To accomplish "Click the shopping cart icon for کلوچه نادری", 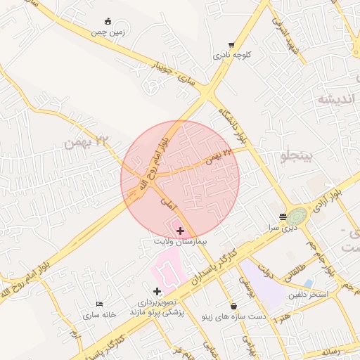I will [x=231, y=45].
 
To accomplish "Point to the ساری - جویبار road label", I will [x=174, y=75].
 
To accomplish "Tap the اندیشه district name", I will [x=338, y=98].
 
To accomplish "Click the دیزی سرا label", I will [x=287, y=228].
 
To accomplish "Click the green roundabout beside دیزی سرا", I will [x=297, y=216].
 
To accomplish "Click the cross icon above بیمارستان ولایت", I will [x=181, y=231].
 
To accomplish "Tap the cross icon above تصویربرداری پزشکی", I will [x=156, y=291].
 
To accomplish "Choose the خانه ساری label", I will [x=99, y=314].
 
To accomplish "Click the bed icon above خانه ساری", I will [x=99, y=304].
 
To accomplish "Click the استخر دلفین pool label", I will [x=309, y=294].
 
